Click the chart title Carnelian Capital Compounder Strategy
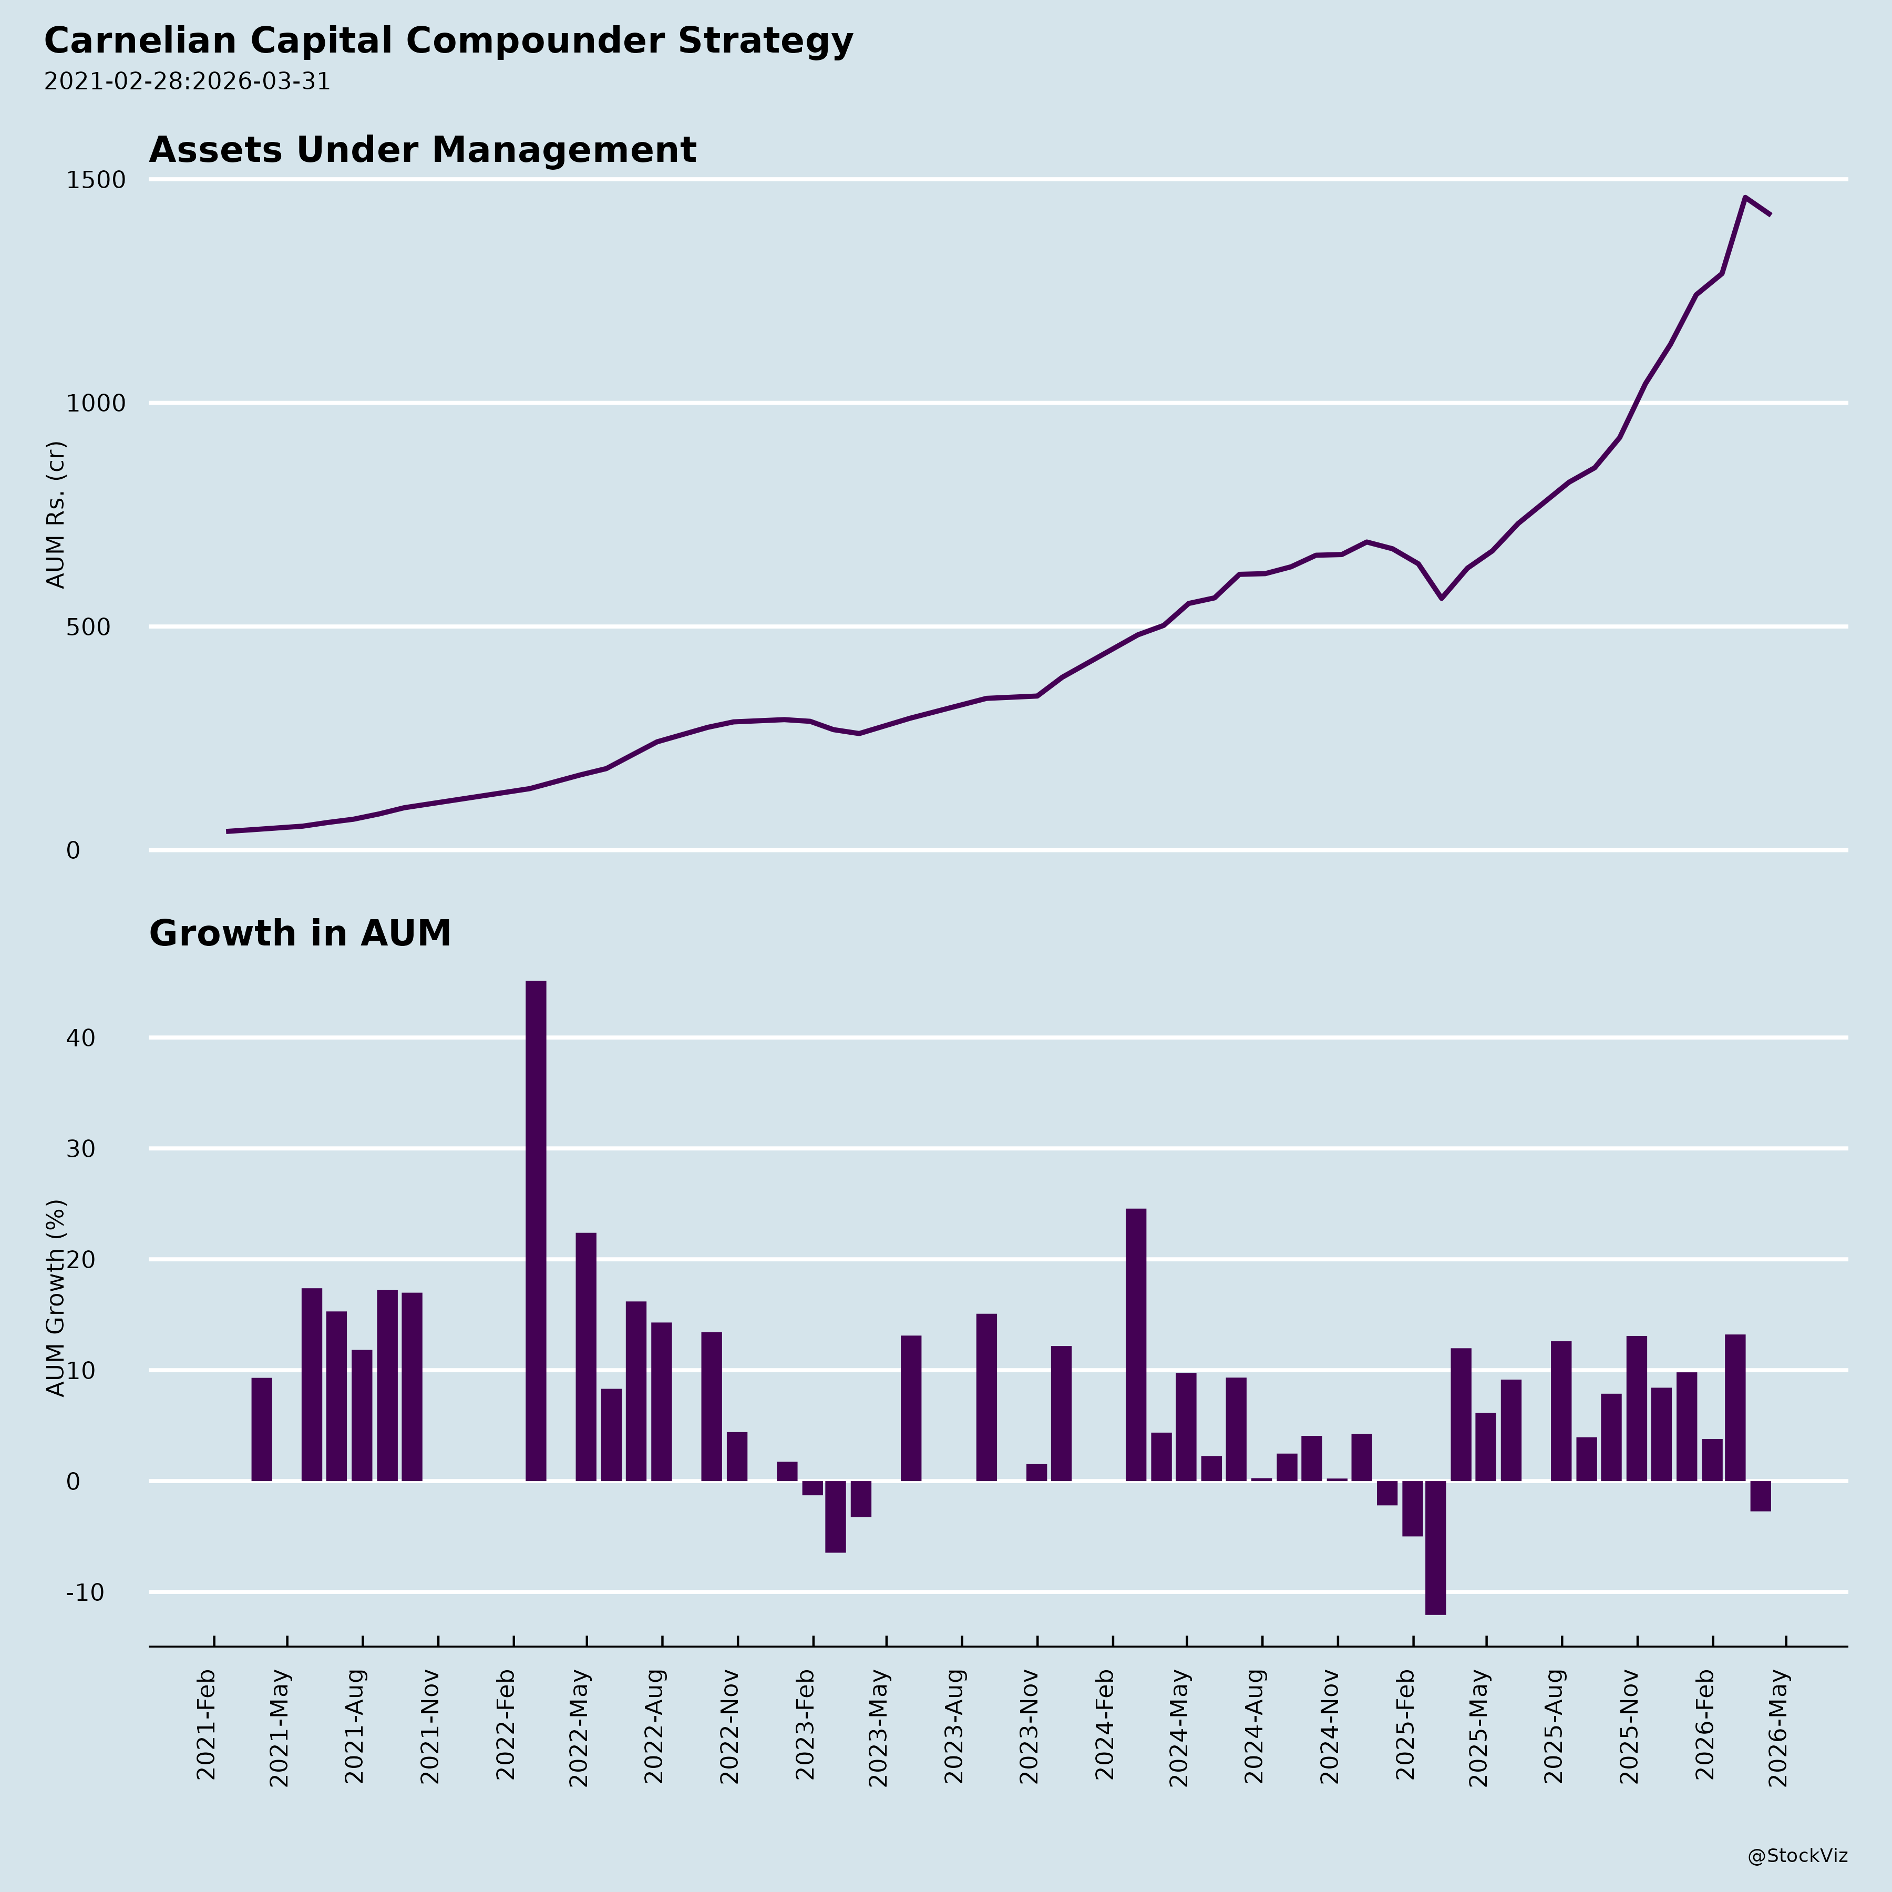pos(448,41)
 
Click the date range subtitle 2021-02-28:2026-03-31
pos(187,81)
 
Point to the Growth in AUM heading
pos(300,933)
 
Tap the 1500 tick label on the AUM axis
pos(96,180)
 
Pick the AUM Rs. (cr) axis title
pos(56,514)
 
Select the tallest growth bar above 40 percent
pos(536,1230)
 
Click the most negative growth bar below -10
pos(1436,1547)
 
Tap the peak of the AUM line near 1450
pos(1745,198)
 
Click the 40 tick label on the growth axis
pos(83,1038)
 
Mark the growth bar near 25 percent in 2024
pos(1136,1344)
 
